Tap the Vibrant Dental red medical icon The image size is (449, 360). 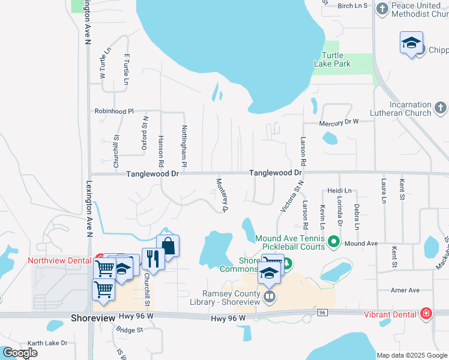(x=426, y=313)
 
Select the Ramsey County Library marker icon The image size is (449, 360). (x=270, y=295)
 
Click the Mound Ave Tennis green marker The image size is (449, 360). (x=334, y=243)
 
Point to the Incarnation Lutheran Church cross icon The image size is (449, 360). (x=440, y=108)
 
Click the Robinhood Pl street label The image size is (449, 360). (x=113, y=111)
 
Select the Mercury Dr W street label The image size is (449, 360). (x=339, y=122)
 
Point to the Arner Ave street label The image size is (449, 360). (x=405, y=290)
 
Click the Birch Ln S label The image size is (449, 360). (x=352, y=5)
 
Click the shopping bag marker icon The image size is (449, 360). (x=168, y=245)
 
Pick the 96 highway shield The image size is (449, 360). (x=322, y=313)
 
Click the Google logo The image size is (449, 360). (x=19, y=353)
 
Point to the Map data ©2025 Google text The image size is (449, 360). (x=412, y=355)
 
